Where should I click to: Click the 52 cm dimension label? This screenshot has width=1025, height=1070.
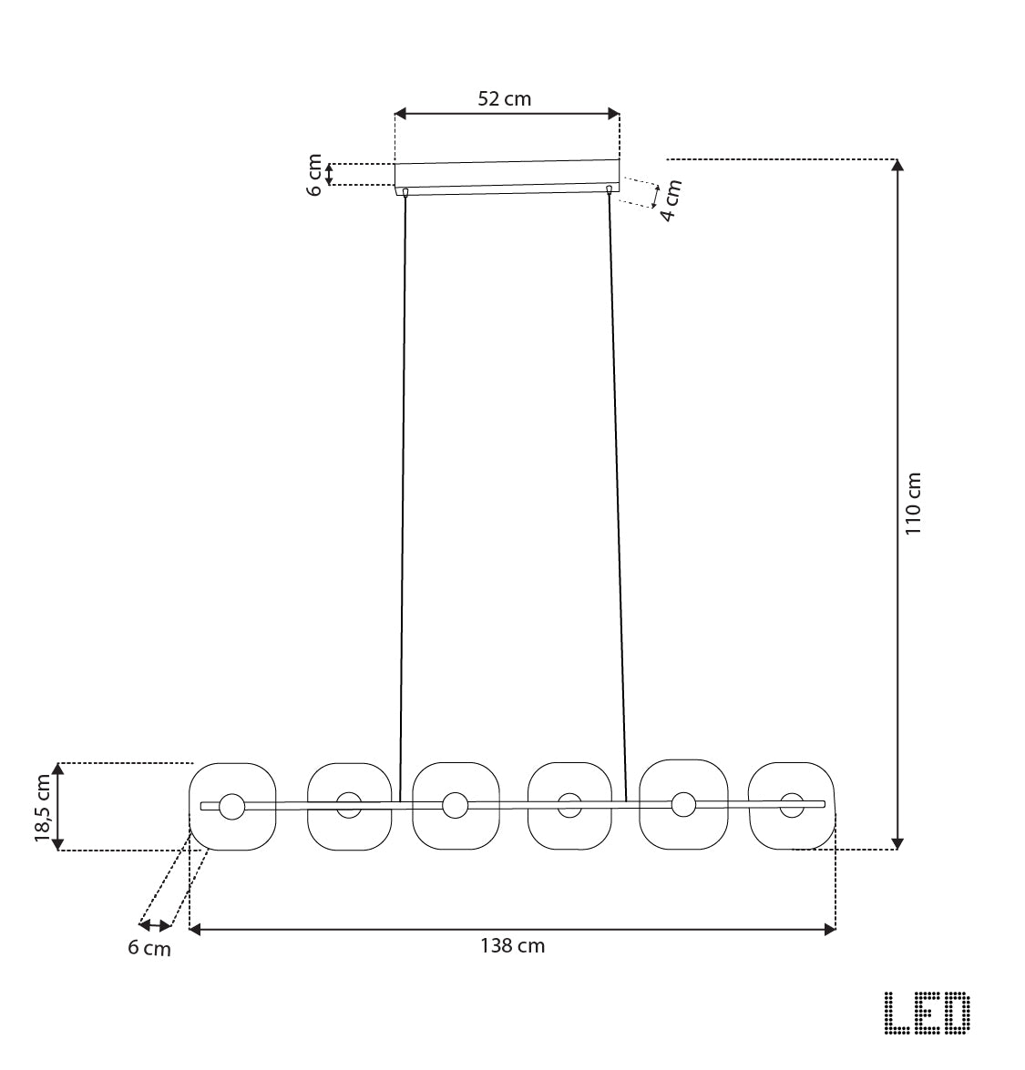[504, 99]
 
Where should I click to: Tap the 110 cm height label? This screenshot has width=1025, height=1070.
[914, 504]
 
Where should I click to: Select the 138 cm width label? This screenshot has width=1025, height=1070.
[512, 946]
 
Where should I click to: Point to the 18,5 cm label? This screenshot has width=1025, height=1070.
[43, 808]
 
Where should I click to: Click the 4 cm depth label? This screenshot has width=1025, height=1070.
[671, 200]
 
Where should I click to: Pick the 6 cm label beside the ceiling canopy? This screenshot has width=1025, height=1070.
[314, 176]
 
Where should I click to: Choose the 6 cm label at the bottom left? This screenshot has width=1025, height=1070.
[149, 949]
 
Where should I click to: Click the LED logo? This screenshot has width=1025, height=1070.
[928, 1013]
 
